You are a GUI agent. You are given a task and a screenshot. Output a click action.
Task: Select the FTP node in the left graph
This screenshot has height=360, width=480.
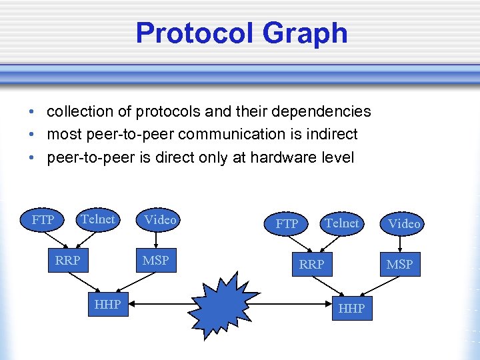point(43,219)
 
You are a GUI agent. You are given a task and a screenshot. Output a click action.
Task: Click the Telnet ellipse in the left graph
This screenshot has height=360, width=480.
point(98,219)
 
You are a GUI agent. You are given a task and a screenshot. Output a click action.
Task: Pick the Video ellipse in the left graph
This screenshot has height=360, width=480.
point(160,219)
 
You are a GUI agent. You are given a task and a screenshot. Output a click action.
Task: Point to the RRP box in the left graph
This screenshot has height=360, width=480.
point(67,260)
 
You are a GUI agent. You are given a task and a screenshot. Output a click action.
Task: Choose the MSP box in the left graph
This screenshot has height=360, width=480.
point(155,260)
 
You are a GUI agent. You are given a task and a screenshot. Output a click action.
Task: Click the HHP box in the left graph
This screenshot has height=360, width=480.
point(107,304)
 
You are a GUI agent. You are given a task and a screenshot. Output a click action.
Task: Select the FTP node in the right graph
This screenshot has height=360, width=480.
point(287,224)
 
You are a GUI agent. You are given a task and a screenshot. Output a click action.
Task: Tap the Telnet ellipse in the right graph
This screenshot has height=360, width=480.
point(342,223)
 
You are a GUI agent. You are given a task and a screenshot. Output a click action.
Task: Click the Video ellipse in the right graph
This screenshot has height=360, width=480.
point(404,224)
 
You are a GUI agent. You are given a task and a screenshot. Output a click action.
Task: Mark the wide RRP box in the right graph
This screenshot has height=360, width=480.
point(311,264)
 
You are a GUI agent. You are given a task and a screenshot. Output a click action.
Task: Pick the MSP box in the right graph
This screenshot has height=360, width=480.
point(399,264)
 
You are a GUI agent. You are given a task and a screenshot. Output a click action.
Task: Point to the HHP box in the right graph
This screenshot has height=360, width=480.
point(351,308)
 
